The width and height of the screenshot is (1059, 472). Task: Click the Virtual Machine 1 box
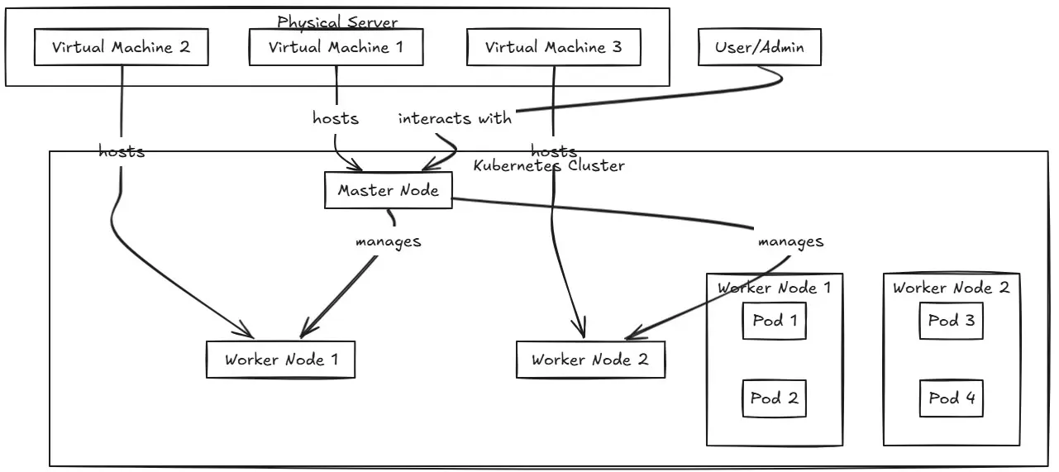click(336, 48)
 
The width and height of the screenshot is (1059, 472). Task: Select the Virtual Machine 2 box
click(121, 48)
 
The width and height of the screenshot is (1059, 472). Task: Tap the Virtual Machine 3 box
click(553, 48)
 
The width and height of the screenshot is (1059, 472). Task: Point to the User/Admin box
click(759, 48)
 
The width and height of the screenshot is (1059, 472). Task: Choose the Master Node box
click(389, 191)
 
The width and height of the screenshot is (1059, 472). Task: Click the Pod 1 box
click(774, 321)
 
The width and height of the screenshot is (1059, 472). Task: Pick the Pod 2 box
click(774, 398)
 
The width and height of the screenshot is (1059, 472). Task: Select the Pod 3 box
click(952, 321)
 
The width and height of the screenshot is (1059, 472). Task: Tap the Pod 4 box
click(952, 398)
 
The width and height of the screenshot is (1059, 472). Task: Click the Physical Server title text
click(337, 22)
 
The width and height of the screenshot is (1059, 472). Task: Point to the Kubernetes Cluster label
click(549, 165)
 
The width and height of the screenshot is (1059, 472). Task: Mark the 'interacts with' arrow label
click(455, 118)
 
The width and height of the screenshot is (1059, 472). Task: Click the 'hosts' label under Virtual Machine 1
click(336, 118)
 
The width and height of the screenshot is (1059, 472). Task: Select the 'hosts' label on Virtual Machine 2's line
click(122, 152)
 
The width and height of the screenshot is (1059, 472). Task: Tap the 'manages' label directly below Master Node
click(388, 242)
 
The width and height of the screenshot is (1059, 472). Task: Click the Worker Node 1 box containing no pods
click(281, 360)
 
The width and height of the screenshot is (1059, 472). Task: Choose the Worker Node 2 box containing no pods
click(590, 360)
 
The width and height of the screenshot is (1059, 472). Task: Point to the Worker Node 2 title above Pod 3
click(952, 288)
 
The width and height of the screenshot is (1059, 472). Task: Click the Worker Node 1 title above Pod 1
click(774, 288)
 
